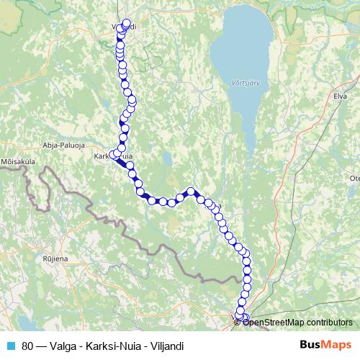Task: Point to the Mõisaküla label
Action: tap(19, 161)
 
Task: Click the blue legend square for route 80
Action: tap(11, 345)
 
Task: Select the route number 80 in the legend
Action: tap(27, 346)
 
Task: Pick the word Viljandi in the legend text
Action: tap(165, 346)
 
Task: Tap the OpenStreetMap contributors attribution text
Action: tap(298, 322)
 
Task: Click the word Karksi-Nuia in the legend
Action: tap(114, 346)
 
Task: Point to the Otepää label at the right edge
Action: tap(354, 177)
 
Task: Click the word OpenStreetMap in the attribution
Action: tap(276, 322)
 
